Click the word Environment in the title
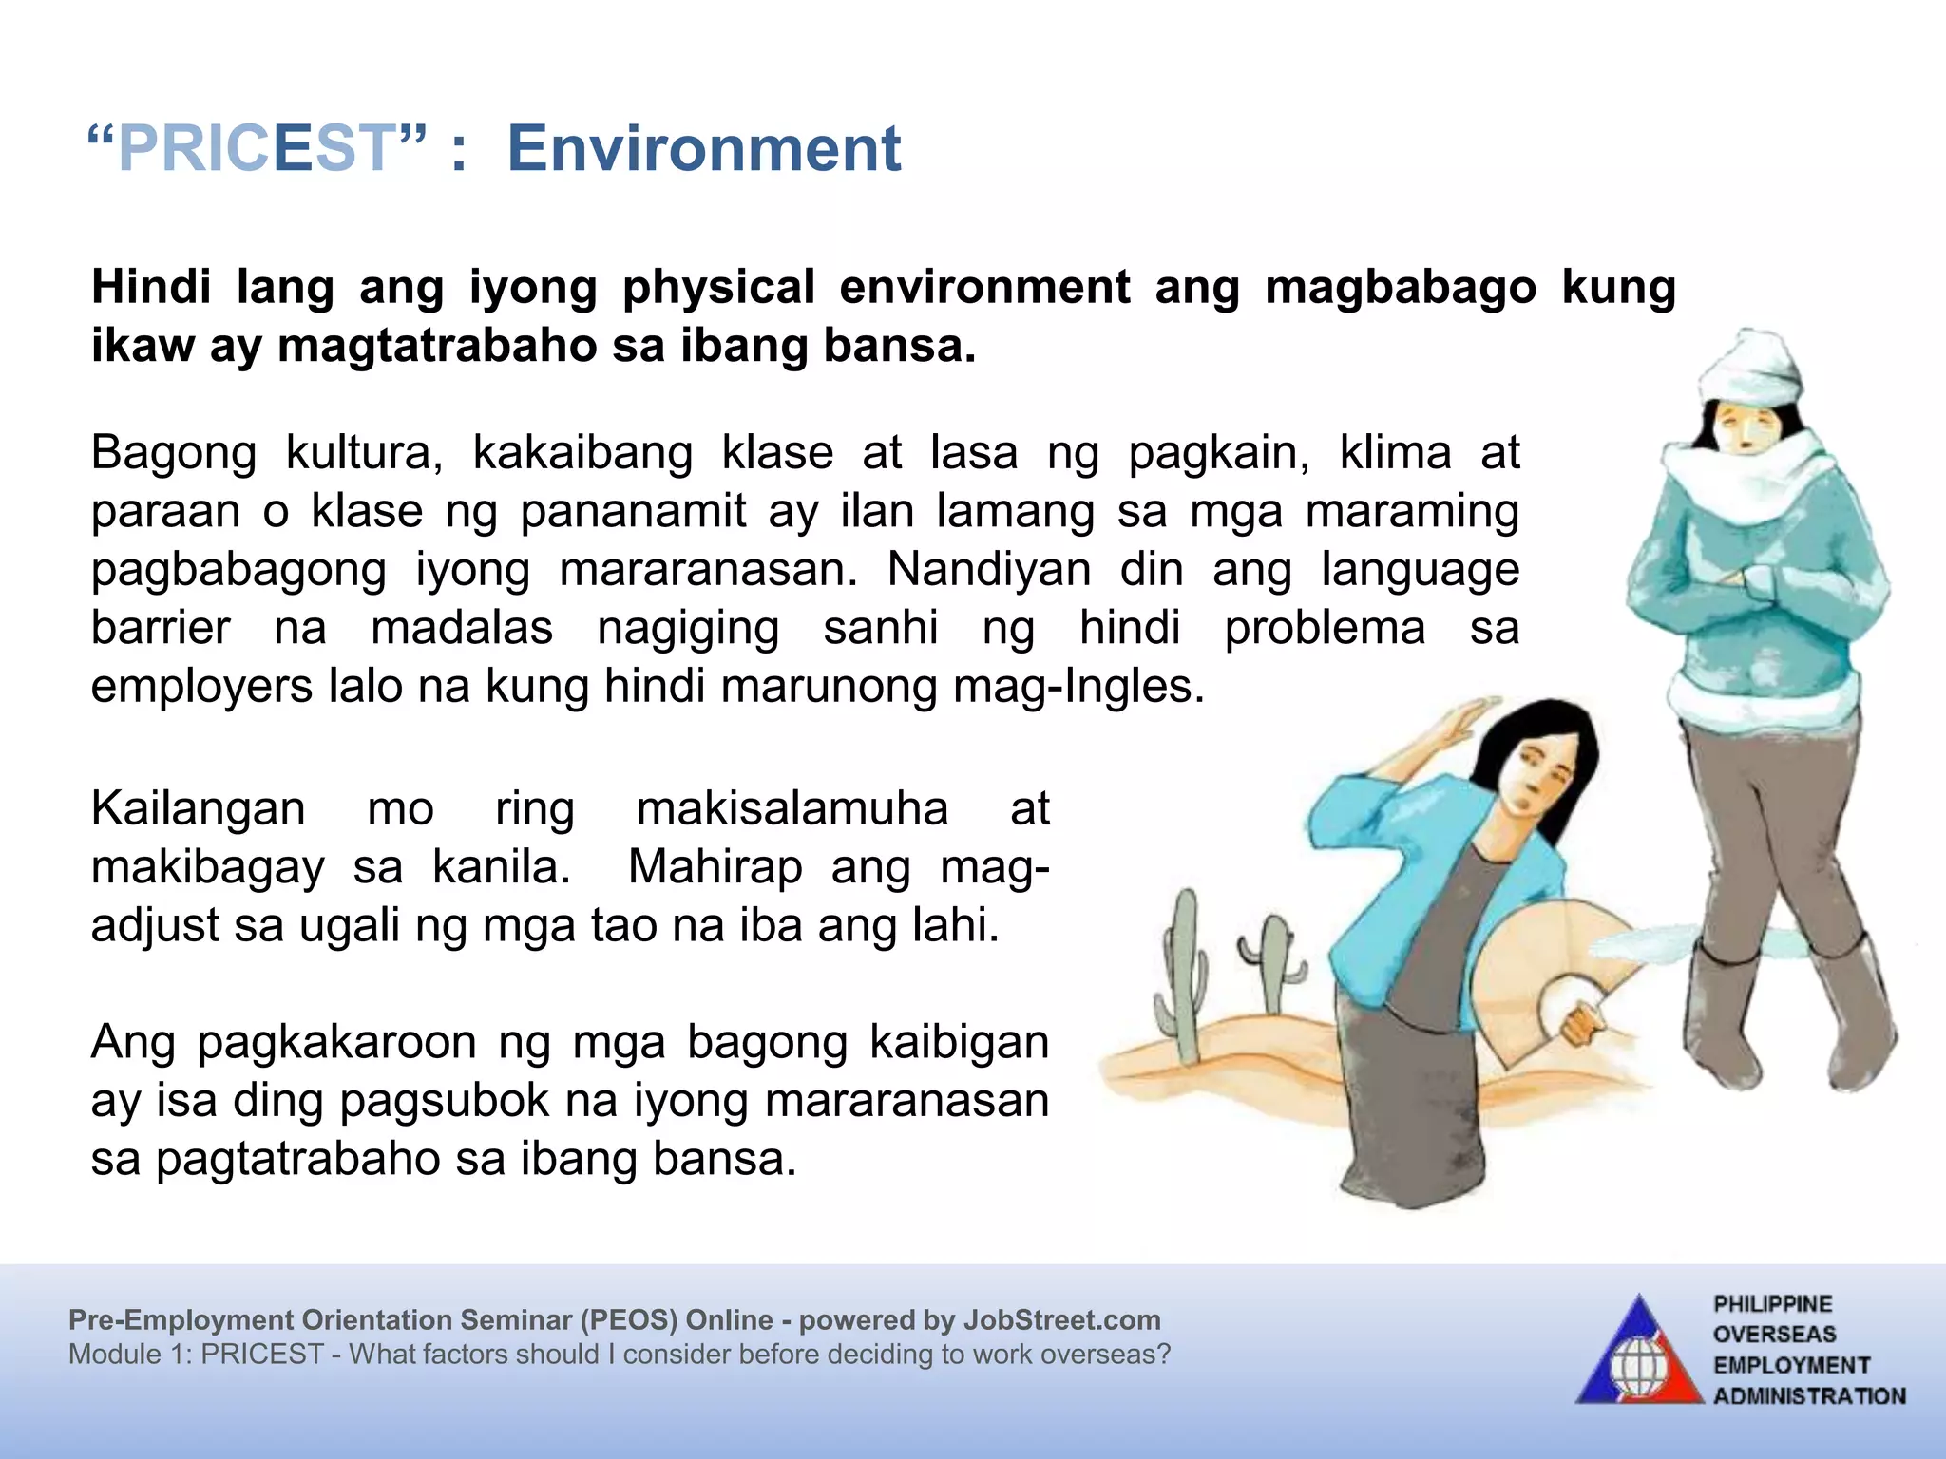tap(703, 149)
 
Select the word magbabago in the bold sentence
tap(1400, 287)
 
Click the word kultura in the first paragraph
tap(364, 453)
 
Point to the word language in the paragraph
tap(1420, 570)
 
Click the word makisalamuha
tap(792, 809)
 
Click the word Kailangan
tap(198, 809)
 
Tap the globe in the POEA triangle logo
tap(1638, 1368)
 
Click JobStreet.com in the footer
tap(1061, 1320)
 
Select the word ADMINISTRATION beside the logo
tap(1809, 1396)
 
